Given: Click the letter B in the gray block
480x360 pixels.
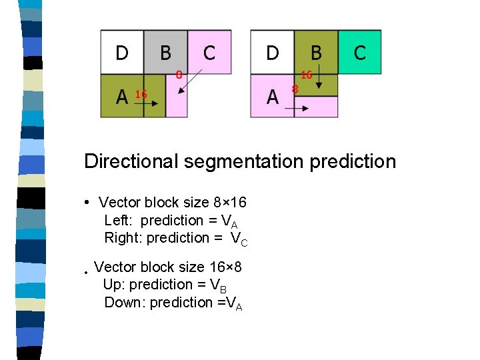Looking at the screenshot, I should click(x=165, y=52).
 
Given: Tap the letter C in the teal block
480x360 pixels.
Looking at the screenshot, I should click(x=360, y=52).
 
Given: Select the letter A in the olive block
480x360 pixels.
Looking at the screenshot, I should click(x=122, y=97).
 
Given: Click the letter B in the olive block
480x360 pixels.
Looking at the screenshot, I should click(x=316, y=52).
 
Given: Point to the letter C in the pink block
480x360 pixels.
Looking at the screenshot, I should click(x=209, y=52).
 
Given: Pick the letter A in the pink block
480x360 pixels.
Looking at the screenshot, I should click(x=272, y=97).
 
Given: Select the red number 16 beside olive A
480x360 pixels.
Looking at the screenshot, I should click(x=141, y=95).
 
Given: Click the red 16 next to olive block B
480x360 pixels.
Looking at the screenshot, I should click(x=307, y=75).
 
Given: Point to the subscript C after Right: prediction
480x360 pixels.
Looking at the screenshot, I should click(x=244, y=243).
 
